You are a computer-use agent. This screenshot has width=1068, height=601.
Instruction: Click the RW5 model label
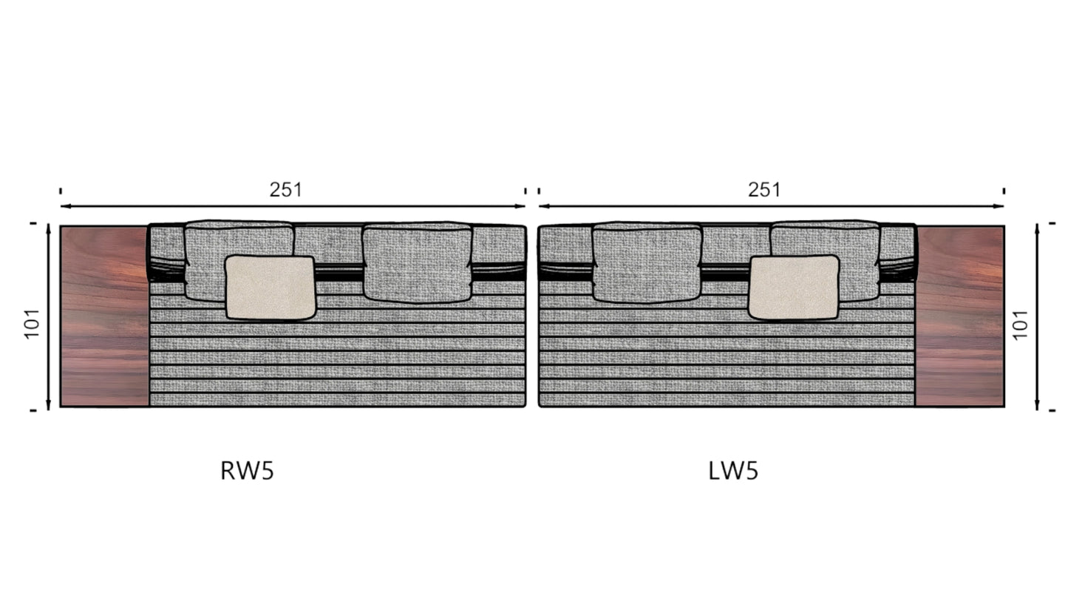[247, 471]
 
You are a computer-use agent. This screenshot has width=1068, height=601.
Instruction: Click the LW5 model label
[733, 471]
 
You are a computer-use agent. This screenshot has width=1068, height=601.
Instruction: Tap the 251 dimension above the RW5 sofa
[285, 190]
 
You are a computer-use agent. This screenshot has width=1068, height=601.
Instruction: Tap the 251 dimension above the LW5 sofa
[763, 190]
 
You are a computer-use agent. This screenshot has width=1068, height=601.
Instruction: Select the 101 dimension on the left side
[32, 324]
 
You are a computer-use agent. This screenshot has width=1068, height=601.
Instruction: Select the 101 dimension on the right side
[1020, 325]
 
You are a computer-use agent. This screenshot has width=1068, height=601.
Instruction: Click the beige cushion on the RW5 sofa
[270, 288]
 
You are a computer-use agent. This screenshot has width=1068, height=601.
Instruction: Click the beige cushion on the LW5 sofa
[794, 288]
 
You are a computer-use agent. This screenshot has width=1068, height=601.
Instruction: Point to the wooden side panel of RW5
[104, 316]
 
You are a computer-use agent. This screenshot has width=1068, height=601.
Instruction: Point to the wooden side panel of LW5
[960, 316]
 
